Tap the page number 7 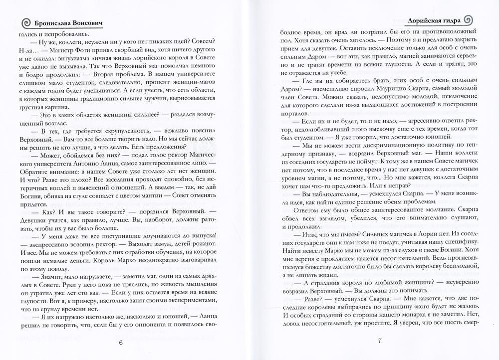pos(379,341)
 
